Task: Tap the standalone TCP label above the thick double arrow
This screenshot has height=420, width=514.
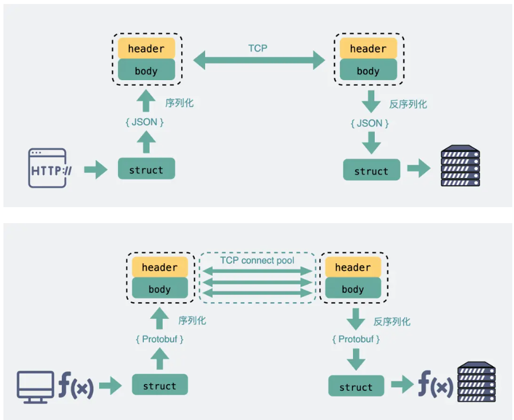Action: click(x=258, y=49)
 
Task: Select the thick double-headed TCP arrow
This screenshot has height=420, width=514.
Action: click(x=259, y=60)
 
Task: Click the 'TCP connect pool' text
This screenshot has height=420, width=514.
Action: click(x=257, y=260)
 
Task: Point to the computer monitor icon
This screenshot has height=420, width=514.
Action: click(x=36, y=387)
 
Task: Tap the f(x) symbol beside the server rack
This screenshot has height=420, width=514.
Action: click(x=435, y=384)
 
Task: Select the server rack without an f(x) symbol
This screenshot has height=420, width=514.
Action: click(x=460, y=165)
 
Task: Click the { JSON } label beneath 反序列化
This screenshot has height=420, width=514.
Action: click(x=370, y=124)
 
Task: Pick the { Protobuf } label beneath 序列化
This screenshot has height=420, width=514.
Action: click(x=160, y=339)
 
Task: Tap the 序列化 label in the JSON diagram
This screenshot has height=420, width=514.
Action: click(x=179, y=103)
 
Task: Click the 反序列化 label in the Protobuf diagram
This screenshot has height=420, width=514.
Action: click(x=392, y=322)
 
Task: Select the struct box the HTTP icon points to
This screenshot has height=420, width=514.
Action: click(x=147, y=169)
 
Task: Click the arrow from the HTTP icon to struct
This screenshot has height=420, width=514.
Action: click(x=96, y=169)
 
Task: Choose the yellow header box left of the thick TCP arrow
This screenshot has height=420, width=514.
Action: click(x=147, y=48)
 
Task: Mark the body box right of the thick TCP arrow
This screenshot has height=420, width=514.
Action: click(x=368, y=69)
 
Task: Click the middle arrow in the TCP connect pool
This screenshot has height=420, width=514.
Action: click(x=258, y=282)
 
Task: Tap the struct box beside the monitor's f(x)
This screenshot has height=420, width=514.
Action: click(x=160, y=385)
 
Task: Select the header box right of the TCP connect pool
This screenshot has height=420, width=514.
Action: click(x=353, y=267)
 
